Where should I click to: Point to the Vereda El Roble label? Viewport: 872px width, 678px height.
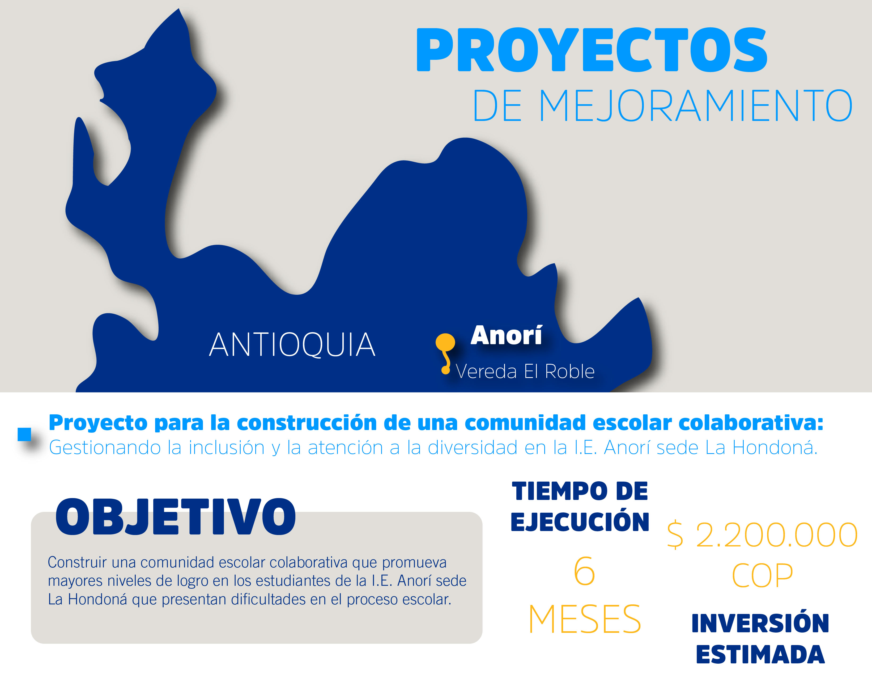[x=525, y=372]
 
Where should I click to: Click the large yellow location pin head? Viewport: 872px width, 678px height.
[x=445, y=342]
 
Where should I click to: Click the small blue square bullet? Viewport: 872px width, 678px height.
[x=24, y=434]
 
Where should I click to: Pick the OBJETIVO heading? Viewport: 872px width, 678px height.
[x=176, y=517]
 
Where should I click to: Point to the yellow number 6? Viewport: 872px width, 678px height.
[x=584, y=571]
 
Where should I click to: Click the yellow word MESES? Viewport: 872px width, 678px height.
[x=584, y=619]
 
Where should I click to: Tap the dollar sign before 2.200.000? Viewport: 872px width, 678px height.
[x=675, y=535]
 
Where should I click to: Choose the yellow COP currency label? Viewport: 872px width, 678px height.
[x=762, y=576]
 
